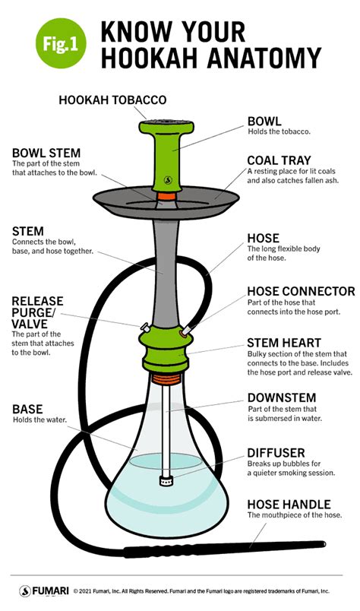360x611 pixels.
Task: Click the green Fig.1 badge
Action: [59, 43]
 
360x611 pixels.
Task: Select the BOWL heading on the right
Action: [263, 121]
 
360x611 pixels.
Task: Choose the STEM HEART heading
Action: [283, 343]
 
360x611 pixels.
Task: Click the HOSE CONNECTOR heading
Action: [301, 291]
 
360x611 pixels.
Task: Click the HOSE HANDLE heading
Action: [288, 504]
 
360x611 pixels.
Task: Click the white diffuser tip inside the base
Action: [166, 480]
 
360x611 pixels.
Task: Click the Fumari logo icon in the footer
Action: [25, 590]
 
